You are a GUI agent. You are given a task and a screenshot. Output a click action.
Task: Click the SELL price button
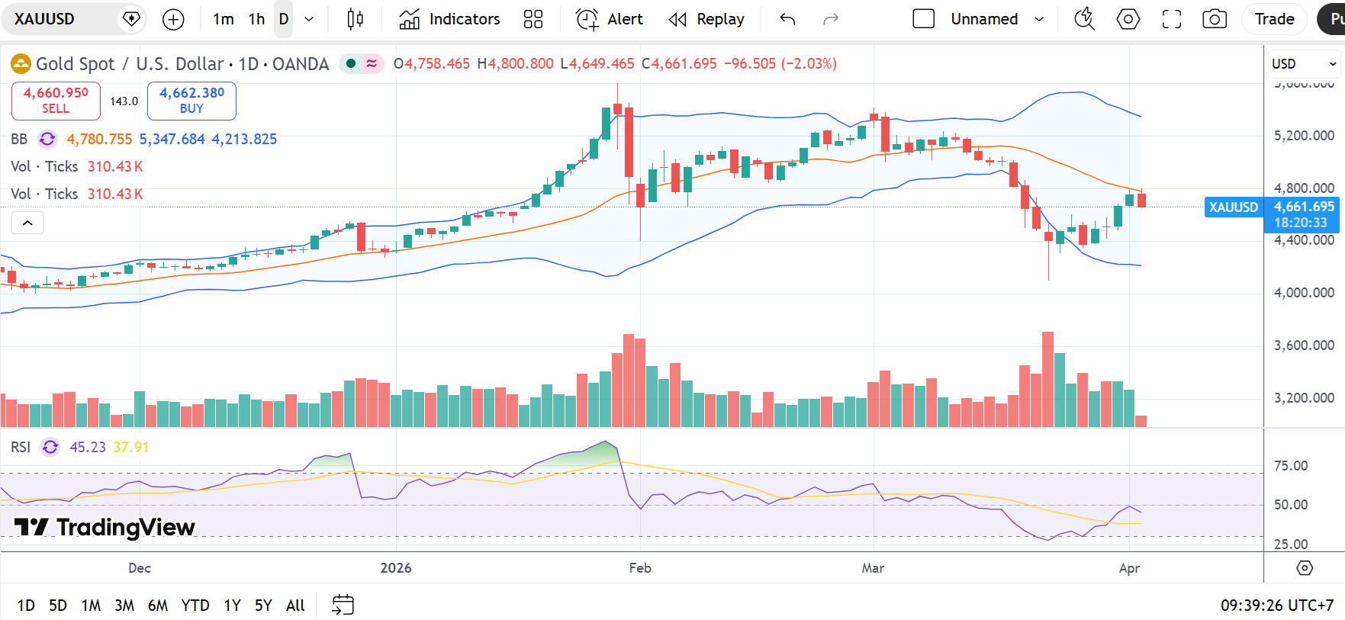(x=56, y=101)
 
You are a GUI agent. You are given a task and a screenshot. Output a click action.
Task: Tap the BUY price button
(x=191, y=101)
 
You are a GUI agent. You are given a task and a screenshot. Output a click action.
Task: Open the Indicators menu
(x=449, y=19)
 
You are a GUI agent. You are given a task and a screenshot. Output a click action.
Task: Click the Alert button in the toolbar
(x=610, y=19)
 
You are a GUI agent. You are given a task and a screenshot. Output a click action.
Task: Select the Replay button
(x=706, y=19)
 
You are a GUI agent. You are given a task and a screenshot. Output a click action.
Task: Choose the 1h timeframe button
(x=256, y=19)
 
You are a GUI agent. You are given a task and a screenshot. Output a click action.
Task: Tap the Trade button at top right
(x=1274, y=19)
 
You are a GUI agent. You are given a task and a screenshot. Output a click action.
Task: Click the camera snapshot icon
(x=1214, y=19)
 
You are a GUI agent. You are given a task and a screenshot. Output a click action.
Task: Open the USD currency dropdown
(x=1303, y=64)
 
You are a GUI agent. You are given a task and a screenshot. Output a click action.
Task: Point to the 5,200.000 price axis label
(x=1304, y=136)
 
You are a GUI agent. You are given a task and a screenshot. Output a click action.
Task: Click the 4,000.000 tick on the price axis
(x=1304, y=293)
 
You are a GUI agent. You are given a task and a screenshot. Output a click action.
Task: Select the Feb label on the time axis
(x=640, y=568)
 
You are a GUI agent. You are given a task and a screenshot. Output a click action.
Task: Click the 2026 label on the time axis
(x=396, y=568)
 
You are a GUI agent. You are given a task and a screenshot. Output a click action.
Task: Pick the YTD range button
(x=195, y=606)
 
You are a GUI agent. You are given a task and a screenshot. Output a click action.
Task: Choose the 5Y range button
(x=263, y=606)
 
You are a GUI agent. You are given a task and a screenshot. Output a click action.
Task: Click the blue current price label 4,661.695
(x=1303, y=207)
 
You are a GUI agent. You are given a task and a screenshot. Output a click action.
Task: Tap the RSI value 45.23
(x=88, y=448)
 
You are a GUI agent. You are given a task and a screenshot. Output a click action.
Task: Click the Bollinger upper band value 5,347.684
(x=172, y=140)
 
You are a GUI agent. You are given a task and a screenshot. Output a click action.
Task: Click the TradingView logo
(x=105, y=527)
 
